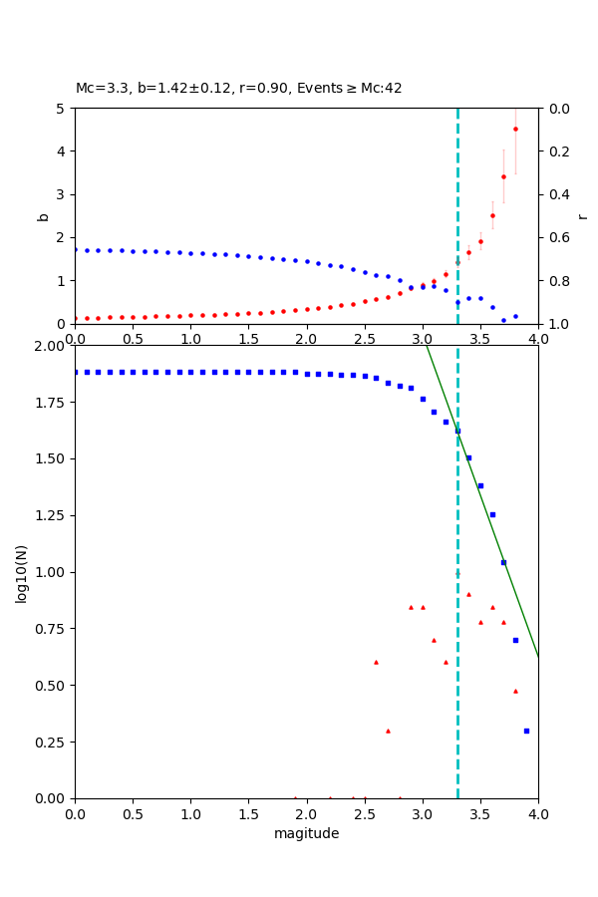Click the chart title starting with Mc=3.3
pos(239,88)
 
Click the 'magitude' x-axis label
pos(306,833)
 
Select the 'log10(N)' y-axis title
pos(21,572)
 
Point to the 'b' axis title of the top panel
pos(43,215)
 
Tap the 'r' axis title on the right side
pos(582,215)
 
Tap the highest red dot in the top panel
pos(515,129)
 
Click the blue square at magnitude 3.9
pos(526,731)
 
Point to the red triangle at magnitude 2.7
pos(388,731)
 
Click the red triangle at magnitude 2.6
pos(376,662)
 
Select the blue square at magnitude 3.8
pos(515,640)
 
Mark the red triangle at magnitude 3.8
pos(515,691)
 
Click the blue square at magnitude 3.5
pos(480,485)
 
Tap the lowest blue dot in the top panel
pos(503,320)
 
